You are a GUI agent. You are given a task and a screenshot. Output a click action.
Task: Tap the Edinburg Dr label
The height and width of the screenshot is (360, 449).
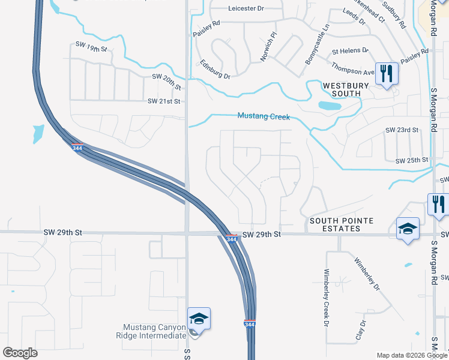[x=215, y=68]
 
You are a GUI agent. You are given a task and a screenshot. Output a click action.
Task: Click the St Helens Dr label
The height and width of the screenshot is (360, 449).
[x=350, y=51]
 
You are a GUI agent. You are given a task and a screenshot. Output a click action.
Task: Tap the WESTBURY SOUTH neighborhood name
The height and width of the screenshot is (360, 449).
[x=342, y=89]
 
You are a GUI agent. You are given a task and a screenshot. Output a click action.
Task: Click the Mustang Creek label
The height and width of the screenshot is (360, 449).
[x=264, y=116]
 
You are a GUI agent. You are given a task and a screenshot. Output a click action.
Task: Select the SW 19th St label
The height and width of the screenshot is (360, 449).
[x=91, y=45]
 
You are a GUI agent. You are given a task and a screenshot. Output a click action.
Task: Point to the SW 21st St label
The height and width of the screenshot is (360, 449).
[x=164, y=101]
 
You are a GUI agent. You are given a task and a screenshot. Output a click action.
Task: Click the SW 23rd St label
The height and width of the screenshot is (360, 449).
[x=402, y=130]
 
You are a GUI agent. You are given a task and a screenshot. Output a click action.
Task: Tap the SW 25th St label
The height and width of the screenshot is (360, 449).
[x=411, y=160]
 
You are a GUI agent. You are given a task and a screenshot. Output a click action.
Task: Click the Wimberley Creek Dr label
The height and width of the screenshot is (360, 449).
[x=327, y=296]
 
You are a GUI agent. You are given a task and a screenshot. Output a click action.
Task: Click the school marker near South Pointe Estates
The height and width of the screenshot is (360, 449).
[x=408, y=229]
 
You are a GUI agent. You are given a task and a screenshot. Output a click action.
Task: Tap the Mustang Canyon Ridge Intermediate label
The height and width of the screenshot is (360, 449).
[x=154, y=331]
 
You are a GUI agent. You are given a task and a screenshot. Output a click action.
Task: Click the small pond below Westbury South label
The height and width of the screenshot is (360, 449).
[x=329, y=106]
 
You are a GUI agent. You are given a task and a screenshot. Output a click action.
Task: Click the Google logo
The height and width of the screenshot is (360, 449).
[x=20, y=352]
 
